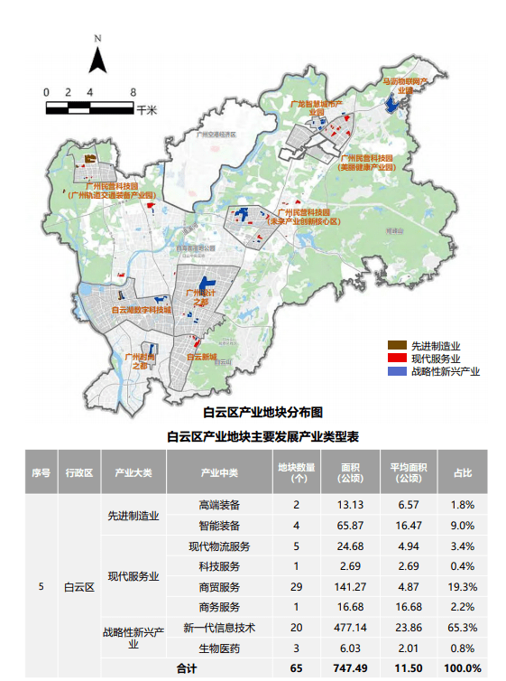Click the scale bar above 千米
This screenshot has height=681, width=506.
pyautogui.click(x=89, y=107)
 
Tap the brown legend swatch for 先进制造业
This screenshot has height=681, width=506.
pyautogui.click(x=396, y=346)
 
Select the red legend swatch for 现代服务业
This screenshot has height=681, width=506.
pyautogui.click(x=396, y=359)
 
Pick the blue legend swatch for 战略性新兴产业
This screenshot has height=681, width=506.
pyautogui.click(x=396, y=371)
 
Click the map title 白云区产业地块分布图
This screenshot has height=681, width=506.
pyautogui.click(x=262, y=413)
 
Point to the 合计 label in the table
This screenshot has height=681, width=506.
pyautogui.click(x=186, y=668)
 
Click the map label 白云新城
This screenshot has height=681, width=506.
pyautogui.click(x=201, y=358)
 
